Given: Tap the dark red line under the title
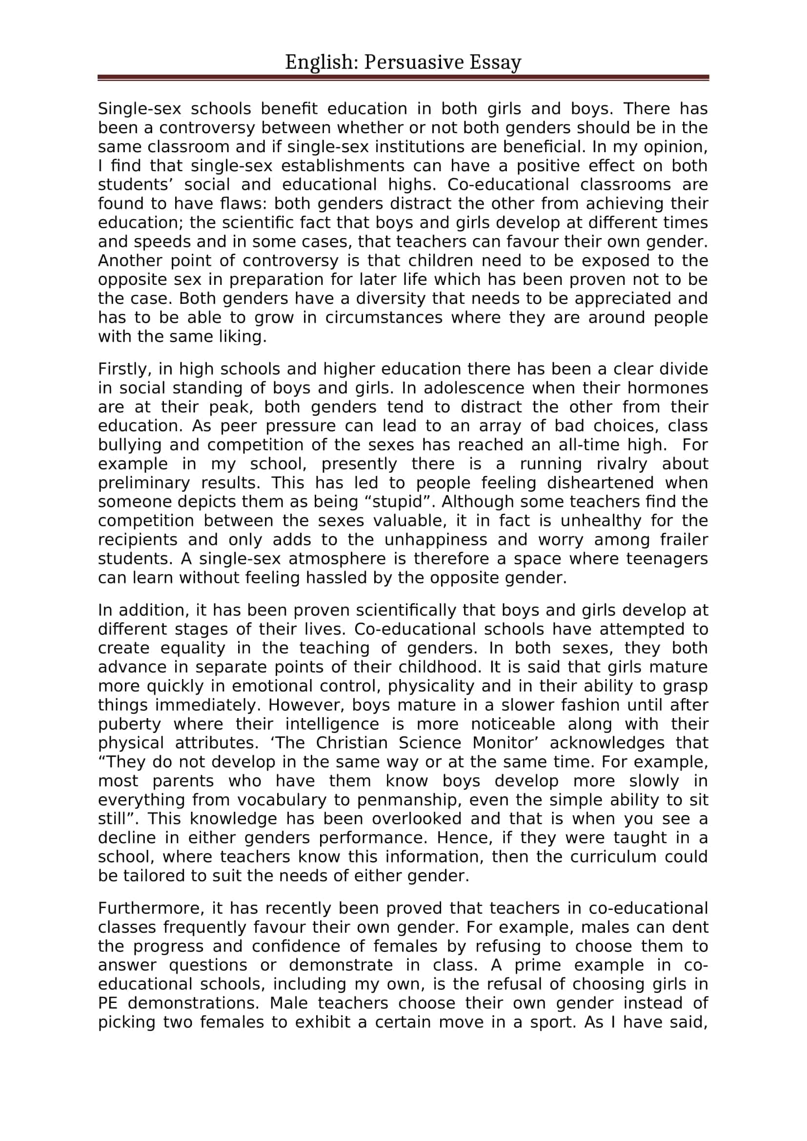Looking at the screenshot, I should (403, 78).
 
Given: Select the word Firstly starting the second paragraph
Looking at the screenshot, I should (124, 369).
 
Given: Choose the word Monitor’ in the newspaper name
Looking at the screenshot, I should (508, 743).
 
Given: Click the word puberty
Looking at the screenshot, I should (129, 724).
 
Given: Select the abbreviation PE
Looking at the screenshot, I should (107, 1003).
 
